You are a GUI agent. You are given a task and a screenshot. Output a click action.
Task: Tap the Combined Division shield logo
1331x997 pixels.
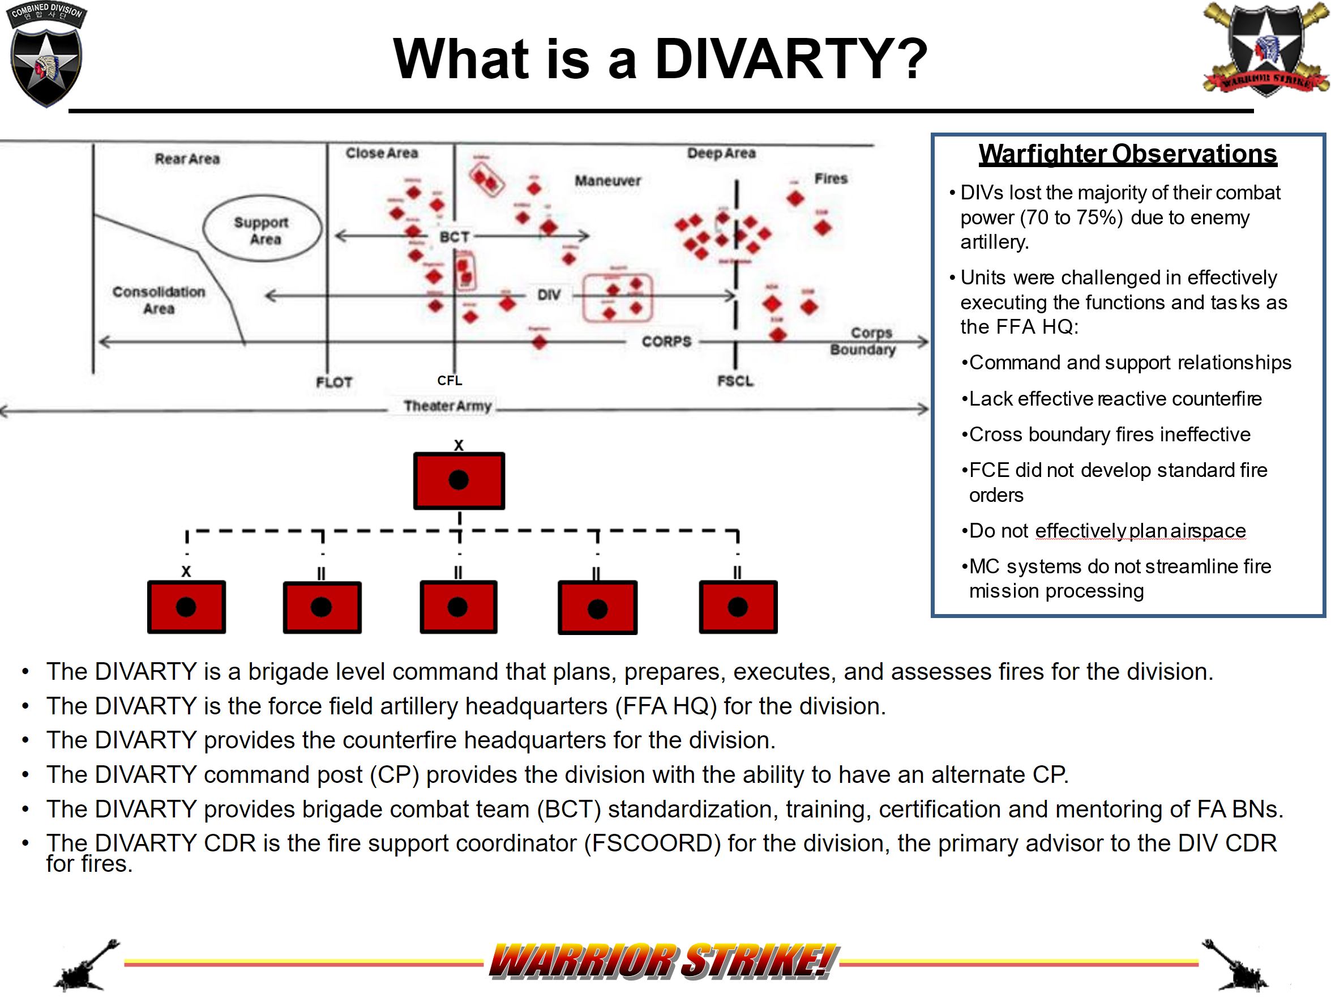pos(46,56)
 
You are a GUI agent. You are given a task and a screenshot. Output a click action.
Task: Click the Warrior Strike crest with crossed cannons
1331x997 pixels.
pos(1265,49)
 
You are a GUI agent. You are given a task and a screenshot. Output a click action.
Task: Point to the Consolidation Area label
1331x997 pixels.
pos(159,300)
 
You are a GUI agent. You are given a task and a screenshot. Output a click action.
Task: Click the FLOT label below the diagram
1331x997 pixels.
pos(334,382)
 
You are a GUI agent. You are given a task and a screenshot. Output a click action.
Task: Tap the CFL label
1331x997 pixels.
pos(450,381)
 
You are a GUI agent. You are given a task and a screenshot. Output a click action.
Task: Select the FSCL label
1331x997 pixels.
pos(735,381)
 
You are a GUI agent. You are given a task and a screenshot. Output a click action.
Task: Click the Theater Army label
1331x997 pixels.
pos(448,406)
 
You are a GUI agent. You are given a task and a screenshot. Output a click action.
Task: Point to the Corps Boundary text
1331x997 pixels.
pos(864,341)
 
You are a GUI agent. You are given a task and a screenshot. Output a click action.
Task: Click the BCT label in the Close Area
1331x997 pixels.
pos(454,237)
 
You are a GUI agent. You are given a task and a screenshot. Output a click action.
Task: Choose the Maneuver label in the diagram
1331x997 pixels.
pos(607,181)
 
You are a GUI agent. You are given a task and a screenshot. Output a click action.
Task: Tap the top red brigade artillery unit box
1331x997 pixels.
pos(459,480)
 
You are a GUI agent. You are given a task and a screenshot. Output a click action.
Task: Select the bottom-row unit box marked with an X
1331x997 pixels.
pos(186,606)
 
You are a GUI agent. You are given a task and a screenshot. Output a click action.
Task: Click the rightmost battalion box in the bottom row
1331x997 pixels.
pos(738,606)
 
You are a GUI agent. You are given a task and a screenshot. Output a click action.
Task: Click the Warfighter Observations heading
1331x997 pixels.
pos(1127,154)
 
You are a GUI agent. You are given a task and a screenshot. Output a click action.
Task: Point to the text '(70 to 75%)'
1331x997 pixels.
pos(1071,218)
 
